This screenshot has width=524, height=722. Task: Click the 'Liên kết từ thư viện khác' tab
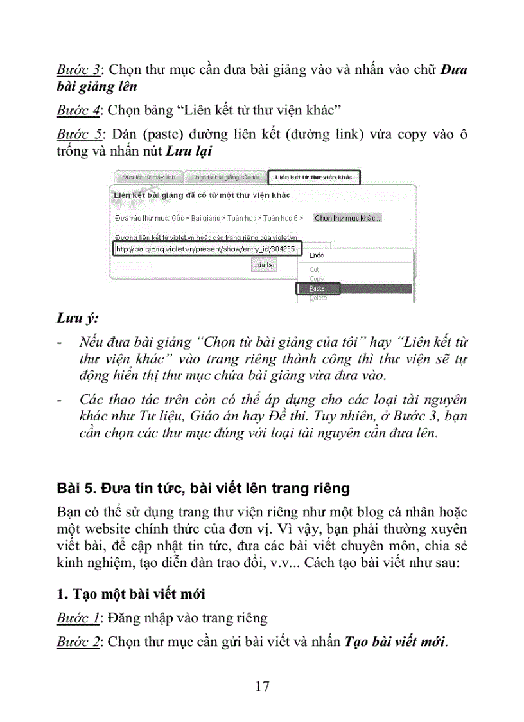313,177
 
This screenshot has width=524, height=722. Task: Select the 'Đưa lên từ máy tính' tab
148,177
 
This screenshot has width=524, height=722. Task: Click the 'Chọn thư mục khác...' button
347,218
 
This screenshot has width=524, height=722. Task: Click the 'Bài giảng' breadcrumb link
205,219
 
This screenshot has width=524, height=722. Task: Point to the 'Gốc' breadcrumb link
178,219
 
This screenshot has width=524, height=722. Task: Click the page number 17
262,686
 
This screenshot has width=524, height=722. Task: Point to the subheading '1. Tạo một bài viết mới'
130,593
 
